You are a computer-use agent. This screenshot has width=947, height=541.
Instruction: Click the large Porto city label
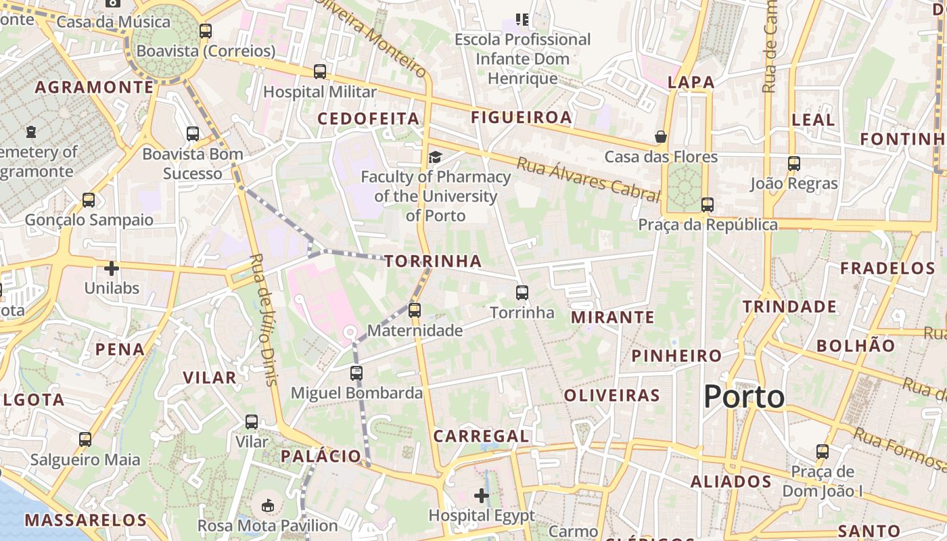(x=744, y=396)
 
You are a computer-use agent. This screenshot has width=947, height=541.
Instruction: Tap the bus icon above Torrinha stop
(x=522, y=293)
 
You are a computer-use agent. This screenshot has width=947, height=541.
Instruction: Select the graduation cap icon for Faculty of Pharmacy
(x=435, y=157)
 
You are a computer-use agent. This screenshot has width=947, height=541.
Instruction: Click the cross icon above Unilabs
(x=112, y=268)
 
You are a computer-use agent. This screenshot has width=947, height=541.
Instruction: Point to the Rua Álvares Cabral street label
(x=588, y=179)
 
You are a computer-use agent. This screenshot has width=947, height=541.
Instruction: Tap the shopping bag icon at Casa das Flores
(x=661, y=137)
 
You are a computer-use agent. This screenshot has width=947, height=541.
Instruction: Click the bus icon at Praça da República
(x=707, y=204)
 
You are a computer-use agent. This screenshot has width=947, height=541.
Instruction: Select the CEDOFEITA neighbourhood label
(x=369, y=118)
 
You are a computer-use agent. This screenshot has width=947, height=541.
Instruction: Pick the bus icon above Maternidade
(x=414, y=310)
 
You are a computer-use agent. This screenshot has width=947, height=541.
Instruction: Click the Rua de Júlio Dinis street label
(x=264, y=319)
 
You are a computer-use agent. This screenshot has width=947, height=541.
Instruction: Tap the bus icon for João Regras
(x=793, y=163)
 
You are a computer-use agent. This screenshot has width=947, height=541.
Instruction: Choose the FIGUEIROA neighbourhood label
(x=522, y=118)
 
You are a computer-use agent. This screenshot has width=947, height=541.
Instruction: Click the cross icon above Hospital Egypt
(x=482, y=496)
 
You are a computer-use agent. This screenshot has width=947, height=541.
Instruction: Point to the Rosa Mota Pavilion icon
(x=268, y=505)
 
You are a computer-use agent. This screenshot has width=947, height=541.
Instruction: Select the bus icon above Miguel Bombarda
(x=356, y=373)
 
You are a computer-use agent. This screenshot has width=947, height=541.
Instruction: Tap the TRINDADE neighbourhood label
(x=789, y=307)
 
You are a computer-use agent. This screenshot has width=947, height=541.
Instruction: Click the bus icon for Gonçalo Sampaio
(x=89, y=200)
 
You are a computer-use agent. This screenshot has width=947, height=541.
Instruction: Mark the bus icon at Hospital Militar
(x=320, y=71)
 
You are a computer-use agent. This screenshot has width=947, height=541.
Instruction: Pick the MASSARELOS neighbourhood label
(x=85, y=520)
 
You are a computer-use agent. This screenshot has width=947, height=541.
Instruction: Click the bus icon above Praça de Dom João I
(x=822, y=451)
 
